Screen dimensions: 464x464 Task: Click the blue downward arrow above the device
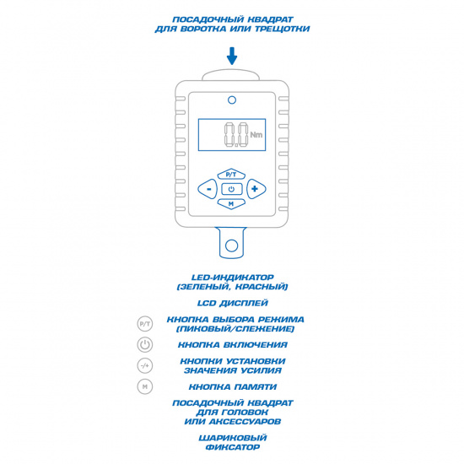pyautogui.click(x=232, y=56)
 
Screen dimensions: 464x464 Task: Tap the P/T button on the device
pyautogui.click(x=231, y=175)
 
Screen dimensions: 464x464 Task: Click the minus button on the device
pyautogui.click(x=208, y=189)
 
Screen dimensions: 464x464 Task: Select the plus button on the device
pyautogui.click(x=256, y=189)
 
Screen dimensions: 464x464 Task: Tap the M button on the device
pyautogui.click(x=231, y=203)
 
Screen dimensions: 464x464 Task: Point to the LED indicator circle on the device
pyautogui.click(x=232, y=100)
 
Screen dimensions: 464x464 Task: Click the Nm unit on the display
pyautogui.click(x=256, y=135)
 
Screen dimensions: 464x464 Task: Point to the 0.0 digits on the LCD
pyautogui.click(x=236, y=135)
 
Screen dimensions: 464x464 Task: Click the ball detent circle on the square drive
pyautogui.click(x=231, y=245)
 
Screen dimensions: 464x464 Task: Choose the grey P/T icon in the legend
pyautogui.click(x=145, y=324)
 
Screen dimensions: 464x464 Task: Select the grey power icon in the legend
pyautogui.click(x=145, y=345)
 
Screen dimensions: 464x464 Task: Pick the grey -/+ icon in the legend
pyautogui.click(x=145, y=366)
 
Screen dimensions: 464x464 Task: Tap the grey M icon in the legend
pyautogui.click(x=145, y=386)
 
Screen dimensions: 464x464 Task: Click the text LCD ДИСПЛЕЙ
pyautogui.click(x=233, y=304)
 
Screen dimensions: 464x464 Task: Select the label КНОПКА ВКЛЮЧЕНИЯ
pyautogui.click(x=233, y=345)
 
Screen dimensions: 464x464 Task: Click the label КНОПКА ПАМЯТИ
pyautogui.click(x=233, y=386)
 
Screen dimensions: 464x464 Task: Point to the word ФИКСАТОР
pyautogui.click(x=233, y=447)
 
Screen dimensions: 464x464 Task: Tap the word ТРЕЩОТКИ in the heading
pyautogui.click(x=283, y=29)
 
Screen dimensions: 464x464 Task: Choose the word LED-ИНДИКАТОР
pyautogui.click(x=233, y=278)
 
